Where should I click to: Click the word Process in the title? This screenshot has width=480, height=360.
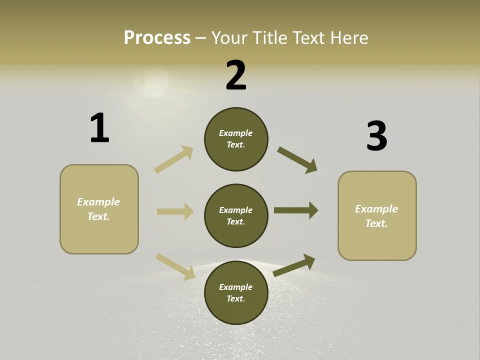click(157, 37)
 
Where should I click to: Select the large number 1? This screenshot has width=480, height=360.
click(99, 128)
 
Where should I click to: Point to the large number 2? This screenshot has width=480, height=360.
click(236, 75)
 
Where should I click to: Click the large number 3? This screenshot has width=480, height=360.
click(376, 136)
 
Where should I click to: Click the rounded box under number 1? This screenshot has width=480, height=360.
click(99, 209)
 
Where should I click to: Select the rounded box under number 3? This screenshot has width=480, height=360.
click(377, 216)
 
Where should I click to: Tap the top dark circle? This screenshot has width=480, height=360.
click(236, 139)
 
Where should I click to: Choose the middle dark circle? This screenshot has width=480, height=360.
click(236, 215)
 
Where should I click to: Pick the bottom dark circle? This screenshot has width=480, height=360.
click(236, 292)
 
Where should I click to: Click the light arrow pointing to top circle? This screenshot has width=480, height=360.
click(174, 159)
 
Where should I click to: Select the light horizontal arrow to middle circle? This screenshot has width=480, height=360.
click(175, 211)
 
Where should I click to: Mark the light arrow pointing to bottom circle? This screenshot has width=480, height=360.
click(175, 266)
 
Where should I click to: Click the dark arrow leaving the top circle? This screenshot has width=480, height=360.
click(297, 159)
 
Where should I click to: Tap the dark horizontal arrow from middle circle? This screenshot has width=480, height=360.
click(296, 210)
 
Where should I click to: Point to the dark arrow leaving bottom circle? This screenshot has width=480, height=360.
click(294, 265)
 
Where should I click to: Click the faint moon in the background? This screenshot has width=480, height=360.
click(151, 82)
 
